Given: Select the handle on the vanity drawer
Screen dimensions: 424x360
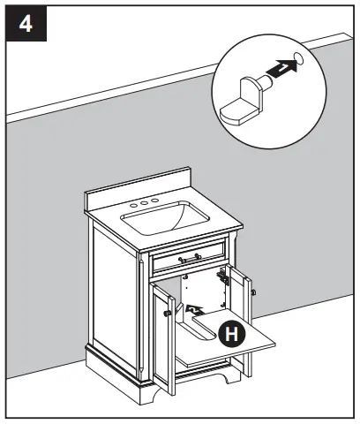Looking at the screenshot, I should [188, 259].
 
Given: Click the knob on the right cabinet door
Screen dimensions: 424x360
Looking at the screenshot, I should [252, 291].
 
